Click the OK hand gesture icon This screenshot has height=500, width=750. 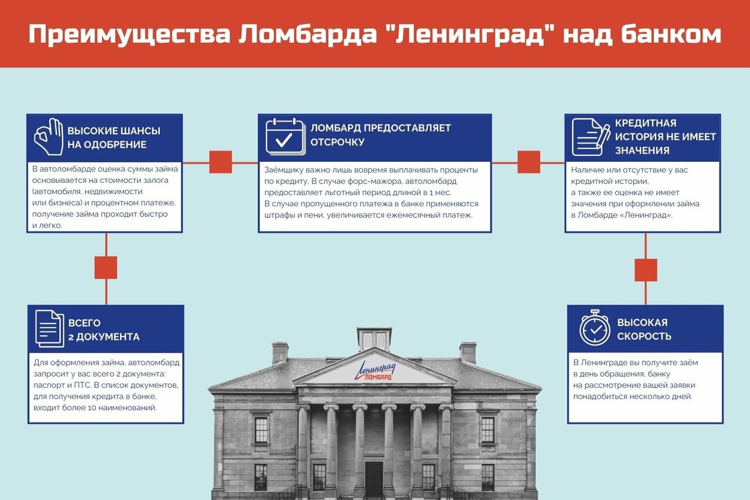click(x=49, y=137)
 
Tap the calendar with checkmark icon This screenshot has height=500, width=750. click(x=285, y=137)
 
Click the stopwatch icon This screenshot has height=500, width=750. click(x=595, y=328)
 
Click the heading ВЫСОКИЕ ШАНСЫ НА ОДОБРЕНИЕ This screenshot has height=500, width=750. click(x=113, y=138)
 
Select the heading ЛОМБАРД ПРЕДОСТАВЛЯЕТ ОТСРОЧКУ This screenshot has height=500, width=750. click(x=380, y=135)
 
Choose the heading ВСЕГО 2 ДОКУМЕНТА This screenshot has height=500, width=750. click(x=104, y=330)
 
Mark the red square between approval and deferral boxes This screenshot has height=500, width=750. click(x=221, y=162)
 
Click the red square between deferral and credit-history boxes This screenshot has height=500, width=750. click(x=529, y=162)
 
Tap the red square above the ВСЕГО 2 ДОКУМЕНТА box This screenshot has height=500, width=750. click(x=106, y=267)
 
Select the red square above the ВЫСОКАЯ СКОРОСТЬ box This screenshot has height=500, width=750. click(x=646, y=270)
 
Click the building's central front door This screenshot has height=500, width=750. click(x=374, y=478)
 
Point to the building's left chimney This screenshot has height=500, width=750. click(x=280, y=353)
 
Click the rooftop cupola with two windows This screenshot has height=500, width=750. click(x=374, y=339)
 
